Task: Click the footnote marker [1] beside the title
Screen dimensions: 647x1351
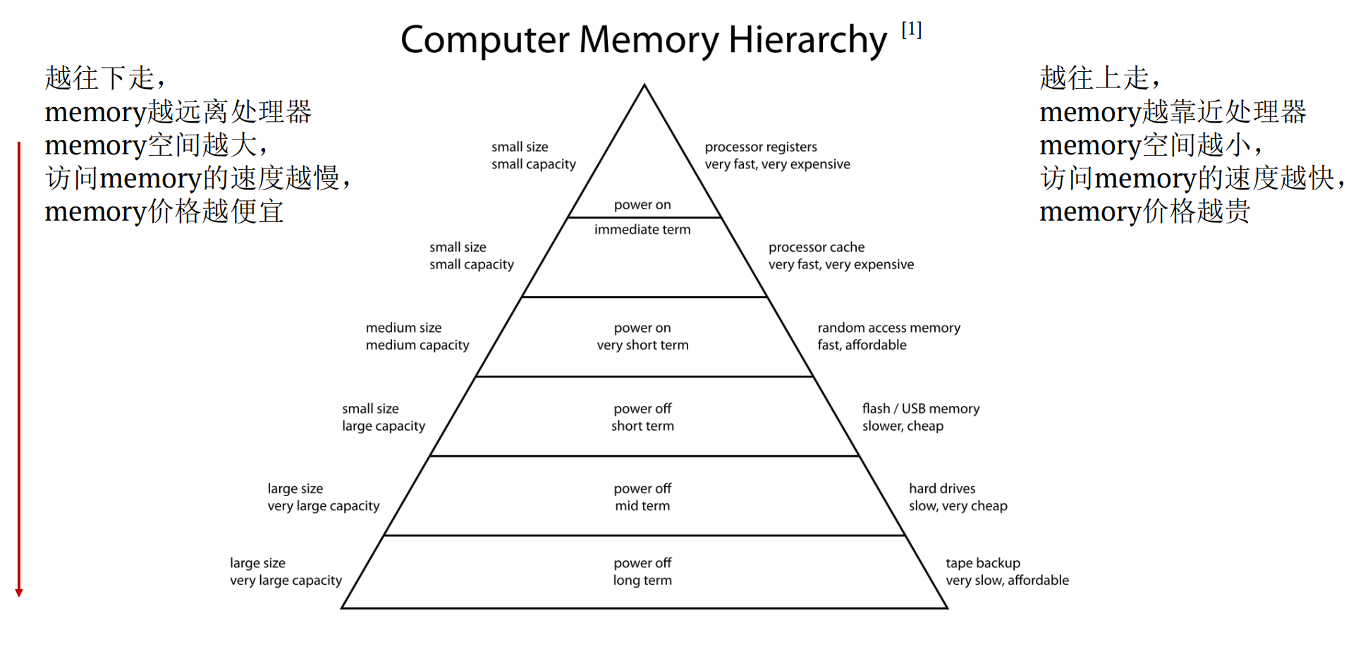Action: tap(911, 30)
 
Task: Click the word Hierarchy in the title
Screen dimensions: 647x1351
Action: tap(807, 40)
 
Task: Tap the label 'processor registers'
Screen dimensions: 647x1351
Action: tap(761, 147)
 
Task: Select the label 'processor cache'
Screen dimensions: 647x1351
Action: tap(816, 247)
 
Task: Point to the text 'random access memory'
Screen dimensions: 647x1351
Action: tap(888, 328)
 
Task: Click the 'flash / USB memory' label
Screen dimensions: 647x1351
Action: tap(920, 409)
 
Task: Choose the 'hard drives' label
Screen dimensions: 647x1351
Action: tap(942, 488)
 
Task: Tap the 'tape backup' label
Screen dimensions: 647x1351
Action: tap(982, 563)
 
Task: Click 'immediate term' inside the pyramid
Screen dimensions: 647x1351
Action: tap(642, 230)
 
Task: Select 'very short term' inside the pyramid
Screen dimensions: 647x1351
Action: tap(642, 345)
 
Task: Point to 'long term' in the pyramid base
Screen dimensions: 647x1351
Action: tap(642, 581)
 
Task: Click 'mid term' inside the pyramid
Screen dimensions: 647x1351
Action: tap(642, 506)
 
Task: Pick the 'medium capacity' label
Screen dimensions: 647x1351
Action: tap(417, 345)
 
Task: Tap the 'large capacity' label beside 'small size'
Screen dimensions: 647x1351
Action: tap(384, 426)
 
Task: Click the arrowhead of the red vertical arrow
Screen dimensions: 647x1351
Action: tap(19, 593)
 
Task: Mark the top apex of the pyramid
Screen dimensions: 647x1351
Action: tap(644, 86)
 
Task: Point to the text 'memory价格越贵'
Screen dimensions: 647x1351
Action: tap(1144, 211)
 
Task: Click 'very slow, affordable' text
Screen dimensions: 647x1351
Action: tap(1007, 581)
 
